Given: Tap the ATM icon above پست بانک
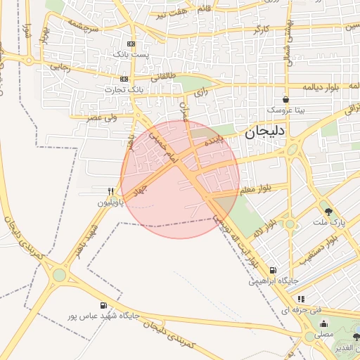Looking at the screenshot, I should click(x=124, y=44).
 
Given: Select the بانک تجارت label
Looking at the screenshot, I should click(x=110, y=89).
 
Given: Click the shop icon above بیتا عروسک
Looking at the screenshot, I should click(x=285, y=100).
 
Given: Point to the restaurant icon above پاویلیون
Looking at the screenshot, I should click(x=110, y=191).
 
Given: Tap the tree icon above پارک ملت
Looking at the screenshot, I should click(x=328, y=211).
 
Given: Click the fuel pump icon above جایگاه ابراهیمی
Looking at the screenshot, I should click(x=273, y=270).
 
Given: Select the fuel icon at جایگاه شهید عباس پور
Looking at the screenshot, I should click(x=104, y=305).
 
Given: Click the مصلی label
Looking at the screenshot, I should click(x=323, y=335).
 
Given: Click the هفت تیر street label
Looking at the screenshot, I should click(x=171, y=13).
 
